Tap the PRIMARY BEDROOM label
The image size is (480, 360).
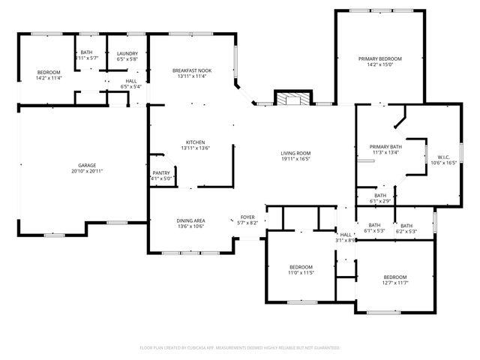[x=379, y=58]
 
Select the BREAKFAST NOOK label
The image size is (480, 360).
[x=191, y=70]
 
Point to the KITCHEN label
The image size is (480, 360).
[x=195, y=142]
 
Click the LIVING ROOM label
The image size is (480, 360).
[x=295, y=153]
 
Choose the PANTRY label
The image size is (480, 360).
[x=161, y=172]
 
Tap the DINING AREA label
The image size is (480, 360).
[x=190, y=220]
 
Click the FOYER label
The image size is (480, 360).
[x=247, y=217]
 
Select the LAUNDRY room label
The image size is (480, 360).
[x=127, y=53]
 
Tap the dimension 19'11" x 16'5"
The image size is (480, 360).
[x=295, y=159]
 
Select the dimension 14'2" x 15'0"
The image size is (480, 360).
[x=379, y=64]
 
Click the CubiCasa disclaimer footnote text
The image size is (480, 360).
[x=240, y=347]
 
